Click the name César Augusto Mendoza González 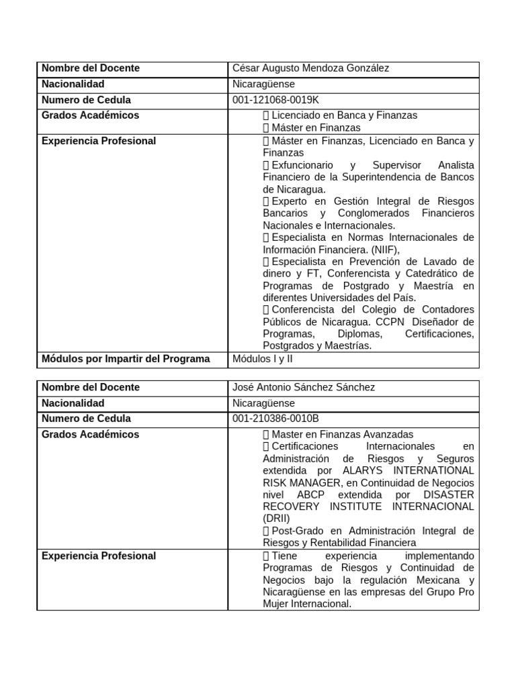pos(310,68)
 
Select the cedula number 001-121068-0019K pos(275,100)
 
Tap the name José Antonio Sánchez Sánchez pos(304,387)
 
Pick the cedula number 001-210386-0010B pos(275,419)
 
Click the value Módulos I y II pos(263,359)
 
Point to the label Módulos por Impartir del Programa pos(126,359)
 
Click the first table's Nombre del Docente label pos(91,68)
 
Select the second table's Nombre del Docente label pos(91,387)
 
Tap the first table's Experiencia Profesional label pos(99,141)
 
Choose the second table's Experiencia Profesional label pos(99,556)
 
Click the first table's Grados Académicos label pos(91,115)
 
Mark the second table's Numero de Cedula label pos(86,419)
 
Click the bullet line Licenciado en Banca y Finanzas pos(344,115)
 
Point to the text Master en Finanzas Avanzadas pos(342,435)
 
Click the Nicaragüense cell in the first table pos(263,85)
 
